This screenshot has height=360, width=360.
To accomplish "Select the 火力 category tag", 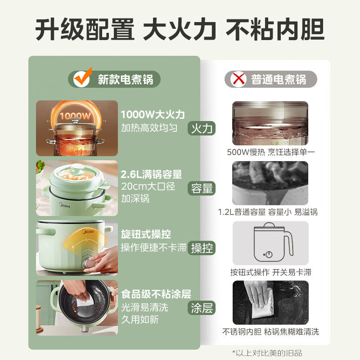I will click(202, 128).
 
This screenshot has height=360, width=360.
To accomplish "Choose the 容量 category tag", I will click(202, 188).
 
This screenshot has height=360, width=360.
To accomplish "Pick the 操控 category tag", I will click(202, 248).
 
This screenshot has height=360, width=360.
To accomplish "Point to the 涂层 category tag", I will click(202, 308).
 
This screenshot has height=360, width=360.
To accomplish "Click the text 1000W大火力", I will click(153, 115).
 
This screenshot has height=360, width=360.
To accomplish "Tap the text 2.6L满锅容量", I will click(151, 175).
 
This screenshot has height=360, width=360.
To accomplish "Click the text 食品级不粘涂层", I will click(156, 294).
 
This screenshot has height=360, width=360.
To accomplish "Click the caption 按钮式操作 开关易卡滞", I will click(270, 272).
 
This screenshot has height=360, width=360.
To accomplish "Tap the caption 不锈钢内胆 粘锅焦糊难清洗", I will click(270, 332).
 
